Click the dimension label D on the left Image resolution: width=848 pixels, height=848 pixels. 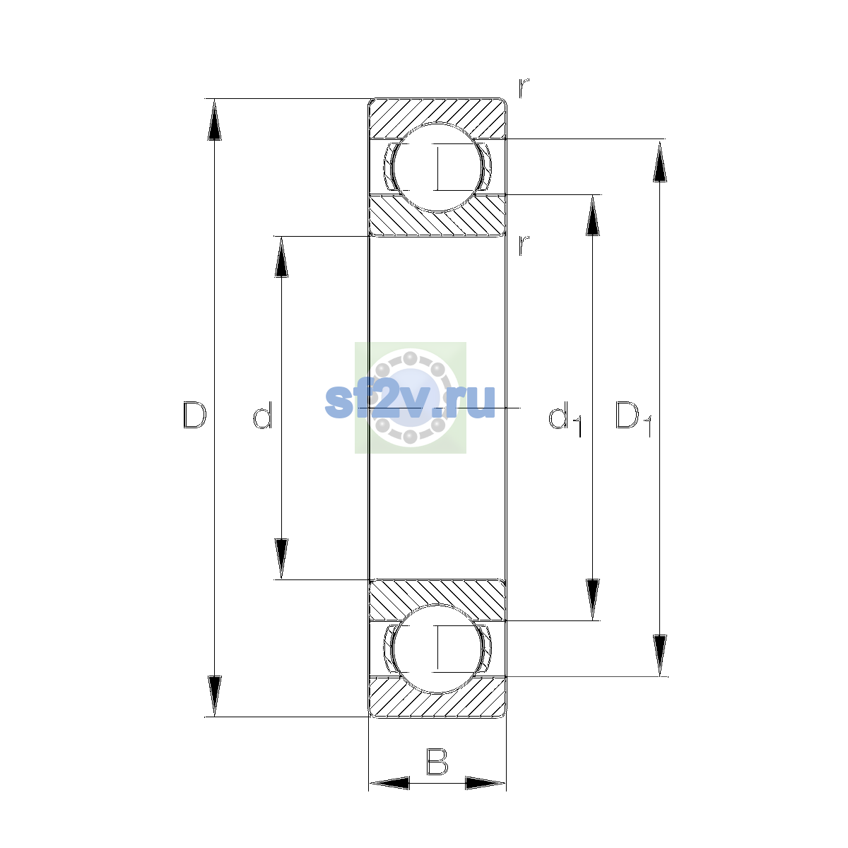[x=194, y=415]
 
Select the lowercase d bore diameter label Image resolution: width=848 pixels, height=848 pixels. [x=263, y=415]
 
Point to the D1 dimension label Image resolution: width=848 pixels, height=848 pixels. [x=632, y=418]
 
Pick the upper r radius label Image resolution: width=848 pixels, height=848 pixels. [x=523, y=88]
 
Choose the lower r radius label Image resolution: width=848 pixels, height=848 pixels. [x=523, y=245]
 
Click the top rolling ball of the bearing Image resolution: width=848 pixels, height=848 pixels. [x=437, y=167]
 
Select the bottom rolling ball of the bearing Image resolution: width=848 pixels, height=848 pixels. [x=437, y=649]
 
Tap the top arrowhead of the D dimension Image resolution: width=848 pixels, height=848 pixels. [x=214, y=119]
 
